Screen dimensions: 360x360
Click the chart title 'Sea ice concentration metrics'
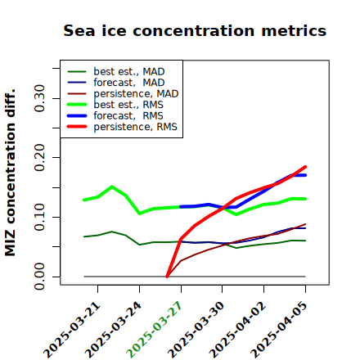point(195,30)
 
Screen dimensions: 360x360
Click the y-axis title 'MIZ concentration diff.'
point(11,173)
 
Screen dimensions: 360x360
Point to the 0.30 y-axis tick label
point(39,98)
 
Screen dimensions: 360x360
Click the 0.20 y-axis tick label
point(39,158)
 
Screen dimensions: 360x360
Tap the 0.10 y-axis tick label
point(39,217)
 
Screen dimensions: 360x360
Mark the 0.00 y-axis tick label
point(39,277)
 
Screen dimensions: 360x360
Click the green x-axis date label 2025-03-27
point(154,330)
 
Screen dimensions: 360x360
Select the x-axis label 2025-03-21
point(72,330)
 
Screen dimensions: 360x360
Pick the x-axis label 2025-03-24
point(113,330)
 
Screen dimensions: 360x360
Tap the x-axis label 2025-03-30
point(196,330)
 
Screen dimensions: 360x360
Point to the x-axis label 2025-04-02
point(237,330)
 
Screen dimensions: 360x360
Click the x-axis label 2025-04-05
point(278,330)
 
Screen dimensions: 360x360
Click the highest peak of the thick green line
point(112,187)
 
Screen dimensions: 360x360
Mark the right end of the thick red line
point(305,167)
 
